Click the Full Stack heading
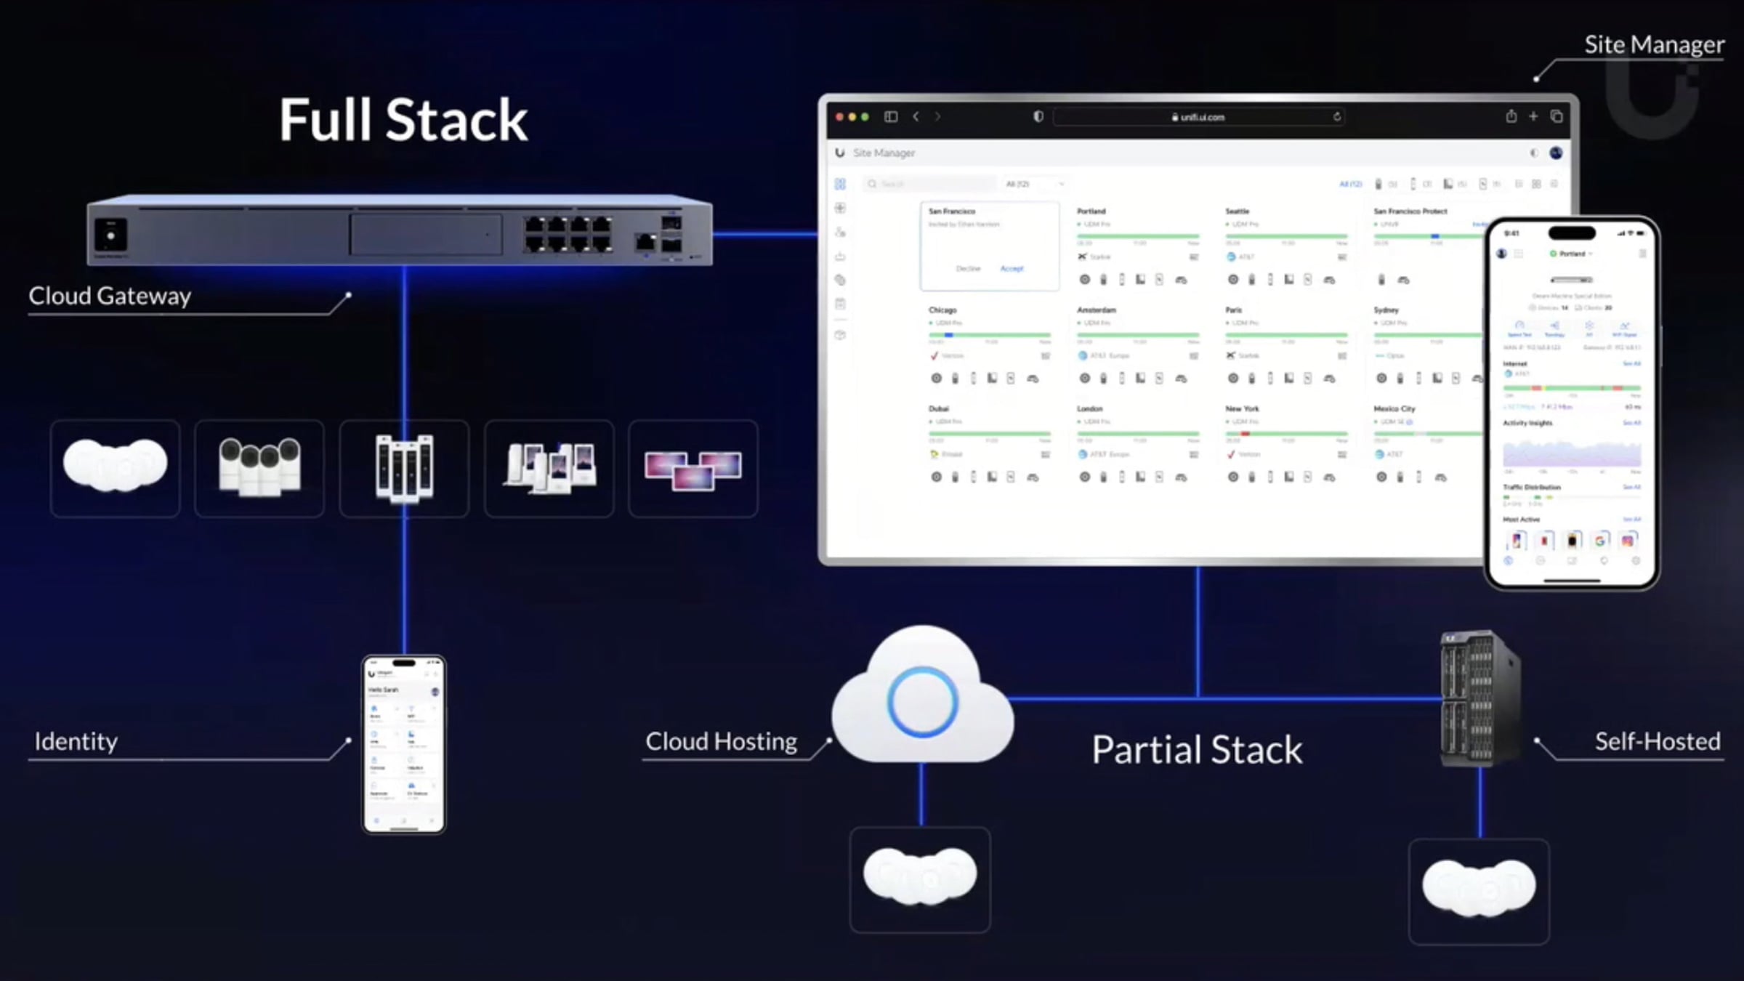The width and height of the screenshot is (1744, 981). pos(403,120)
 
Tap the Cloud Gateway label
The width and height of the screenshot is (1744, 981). pos(110,296)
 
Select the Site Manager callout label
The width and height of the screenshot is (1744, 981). pos(1653,45)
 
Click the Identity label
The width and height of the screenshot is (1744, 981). pos(76,741)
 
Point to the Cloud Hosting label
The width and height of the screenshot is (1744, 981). pos(721,741)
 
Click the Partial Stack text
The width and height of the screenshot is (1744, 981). pos(1197,750)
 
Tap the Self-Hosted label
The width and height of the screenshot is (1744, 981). pos(1657,741)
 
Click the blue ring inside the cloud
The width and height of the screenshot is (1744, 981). pos(922,702)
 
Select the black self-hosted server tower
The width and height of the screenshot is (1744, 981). pos(1479,698)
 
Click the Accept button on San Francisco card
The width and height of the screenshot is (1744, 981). pos(1012,269)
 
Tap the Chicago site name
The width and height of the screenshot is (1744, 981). pos(942,310)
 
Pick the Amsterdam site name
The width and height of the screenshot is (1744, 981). pos(1096,310)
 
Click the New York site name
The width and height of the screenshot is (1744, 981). pos(1242,409)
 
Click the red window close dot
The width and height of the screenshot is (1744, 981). pos(839,117)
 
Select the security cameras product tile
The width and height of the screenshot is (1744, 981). pos(259,468)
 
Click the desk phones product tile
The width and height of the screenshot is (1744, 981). pos(549,468)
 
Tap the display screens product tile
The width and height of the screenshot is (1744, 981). pos(693,468)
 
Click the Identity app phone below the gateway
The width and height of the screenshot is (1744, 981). pos(404,744)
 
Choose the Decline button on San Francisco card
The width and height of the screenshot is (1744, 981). pos(968,269)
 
